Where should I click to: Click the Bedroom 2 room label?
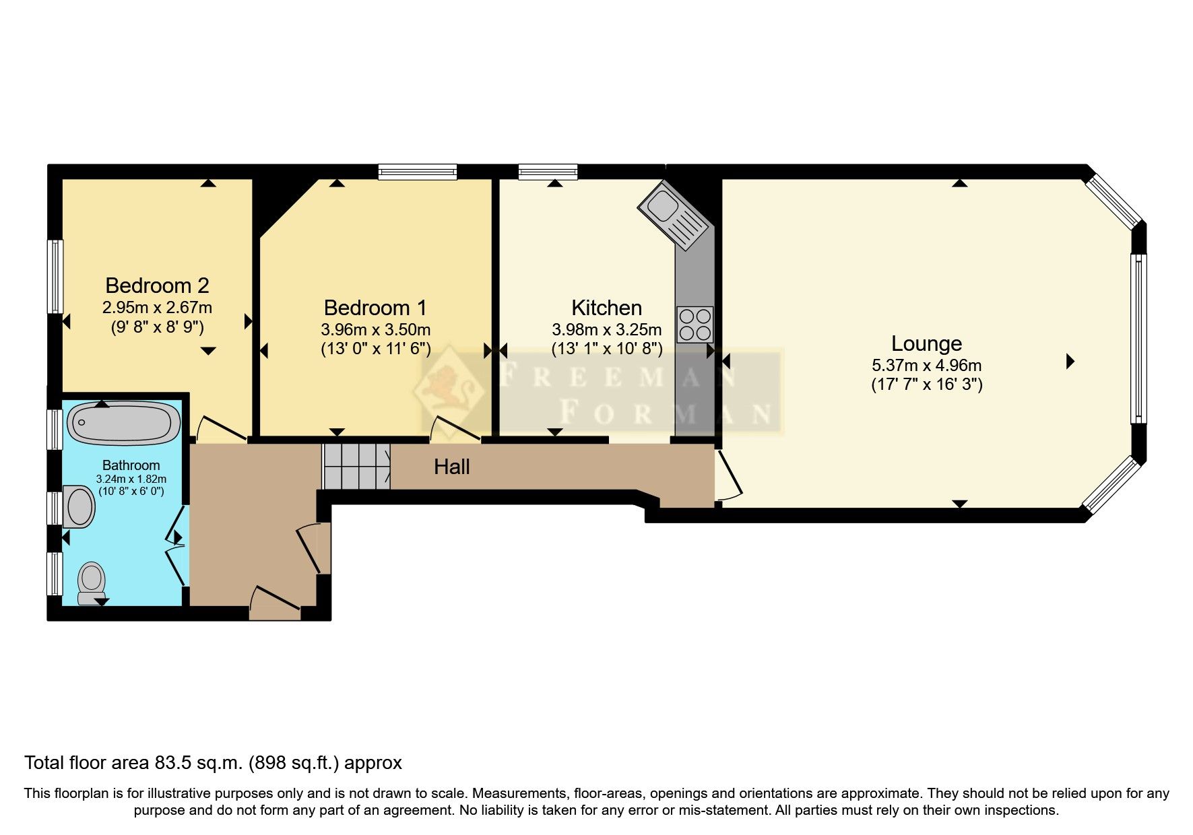[157, 286]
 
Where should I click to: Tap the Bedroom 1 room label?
[375, 308]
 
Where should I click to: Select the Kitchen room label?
[606, 308]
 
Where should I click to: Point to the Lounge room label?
[926, 343]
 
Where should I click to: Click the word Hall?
[451, 467]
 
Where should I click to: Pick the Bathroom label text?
[131, 465]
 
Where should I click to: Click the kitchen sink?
[674, 215]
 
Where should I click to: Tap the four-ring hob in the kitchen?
[695, 325]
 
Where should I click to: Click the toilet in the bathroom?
[92, 584]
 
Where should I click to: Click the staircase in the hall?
[357, 466]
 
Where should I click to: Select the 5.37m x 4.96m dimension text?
[926, 366]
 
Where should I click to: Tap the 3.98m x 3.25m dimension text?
[606, 330]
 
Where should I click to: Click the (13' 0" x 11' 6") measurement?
[375, 349]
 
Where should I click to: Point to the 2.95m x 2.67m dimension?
[157, 308]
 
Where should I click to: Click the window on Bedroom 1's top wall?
[418, 172]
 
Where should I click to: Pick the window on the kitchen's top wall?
[548, 172]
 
